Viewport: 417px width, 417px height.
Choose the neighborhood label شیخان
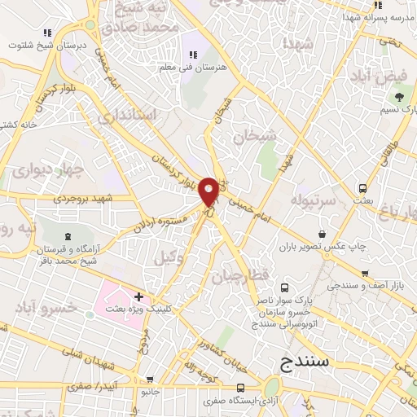255,137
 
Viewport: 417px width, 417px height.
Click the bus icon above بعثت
363,188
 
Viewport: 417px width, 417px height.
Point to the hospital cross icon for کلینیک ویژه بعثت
138,296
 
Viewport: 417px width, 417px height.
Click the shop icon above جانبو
150,380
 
